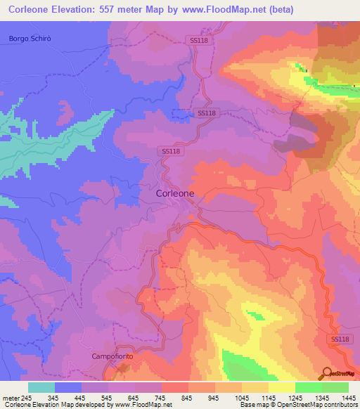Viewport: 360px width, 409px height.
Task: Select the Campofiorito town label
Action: tap(111, 356)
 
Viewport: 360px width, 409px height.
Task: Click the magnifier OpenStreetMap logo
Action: tap(326, 372)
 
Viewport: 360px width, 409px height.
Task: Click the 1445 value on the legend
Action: tap(349, 398)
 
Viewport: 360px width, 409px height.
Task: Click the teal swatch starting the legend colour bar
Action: tap(41, 387)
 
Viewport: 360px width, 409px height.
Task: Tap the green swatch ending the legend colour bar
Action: tap(335, 387)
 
